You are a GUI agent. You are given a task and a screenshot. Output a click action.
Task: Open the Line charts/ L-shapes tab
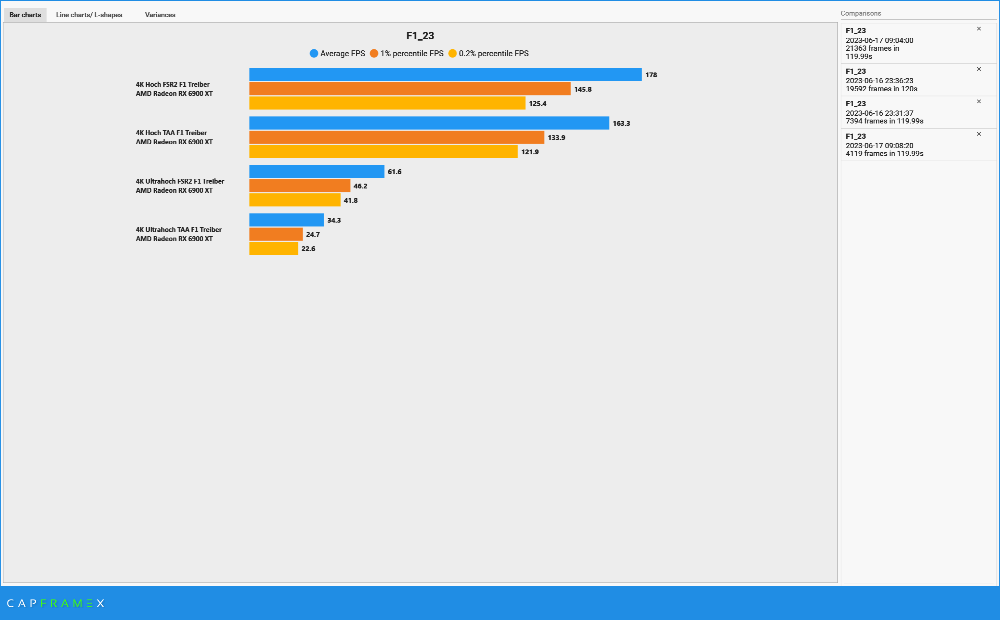(89, 15)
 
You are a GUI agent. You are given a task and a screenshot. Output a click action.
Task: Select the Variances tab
(160, 15)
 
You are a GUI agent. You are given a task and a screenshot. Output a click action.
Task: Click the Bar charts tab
(25, 15)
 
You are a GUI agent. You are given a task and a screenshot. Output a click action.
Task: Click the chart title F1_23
(420, 36)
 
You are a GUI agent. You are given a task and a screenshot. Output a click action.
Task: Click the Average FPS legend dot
(314, 53)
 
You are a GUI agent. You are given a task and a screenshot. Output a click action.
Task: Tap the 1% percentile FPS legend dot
(373, 53)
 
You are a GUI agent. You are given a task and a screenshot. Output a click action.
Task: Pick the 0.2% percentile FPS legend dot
(452, 53)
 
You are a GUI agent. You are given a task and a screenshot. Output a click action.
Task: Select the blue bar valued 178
(445, 75)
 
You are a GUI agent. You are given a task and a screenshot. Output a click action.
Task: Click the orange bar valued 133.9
(396, 137)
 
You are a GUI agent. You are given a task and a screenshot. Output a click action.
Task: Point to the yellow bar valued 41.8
(294, 200)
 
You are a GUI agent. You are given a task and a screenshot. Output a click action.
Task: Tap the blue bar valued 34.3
(286, 220)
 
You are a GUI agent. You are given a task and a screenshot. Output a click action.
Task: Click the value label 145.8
(583, 89)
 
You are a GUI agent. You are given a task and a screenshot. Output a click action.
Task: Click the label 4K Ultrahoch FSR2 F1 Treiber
(180, 181)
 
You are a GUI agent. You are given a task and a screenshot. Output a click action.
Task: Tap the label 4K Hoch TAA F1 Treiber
(171, 133)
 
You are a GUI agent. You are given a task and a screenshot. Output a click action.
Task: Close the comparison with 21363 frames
(979, 29)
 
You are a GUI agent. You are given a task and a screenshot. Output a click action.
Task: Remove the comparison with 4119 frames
(979, 134)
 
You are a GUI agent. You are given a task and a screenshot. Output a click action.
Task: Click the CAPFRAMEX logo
(55, 603)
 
